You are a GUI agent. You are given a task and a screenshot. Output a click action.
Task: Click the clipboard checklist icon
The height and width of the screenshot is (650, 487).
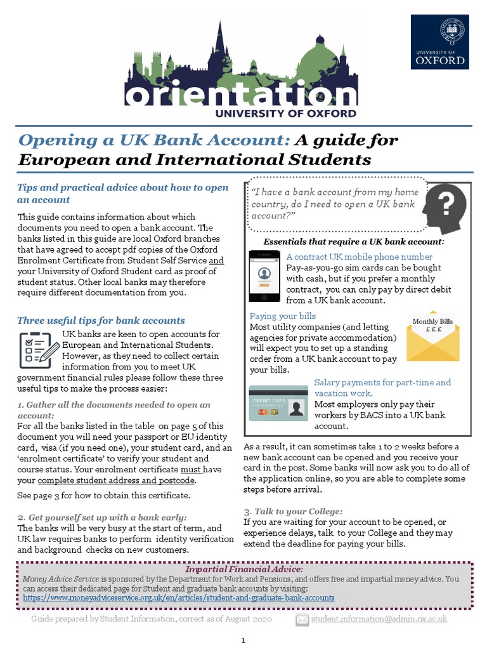pos(36,348)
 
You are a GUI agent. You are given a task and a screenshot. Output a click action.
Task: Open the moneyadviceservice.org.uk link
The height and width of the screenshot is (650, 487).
pos(179,598)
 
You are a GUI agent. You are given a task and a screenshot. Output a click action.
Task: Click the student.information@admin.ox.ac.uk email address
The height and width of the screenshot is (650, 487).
pos(379,618)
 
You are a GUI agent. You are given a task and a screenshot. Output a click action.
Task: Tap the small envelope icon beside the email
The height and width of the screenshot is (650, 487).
pos(302,619)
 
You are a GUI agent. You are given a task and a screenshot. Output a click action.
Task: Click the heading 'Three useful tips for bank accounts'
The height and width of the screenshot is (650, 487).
pos(101,321)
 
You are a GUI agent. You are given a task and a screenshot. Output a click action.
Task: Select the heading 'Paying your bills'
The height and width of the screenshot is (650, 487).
pos(283,316)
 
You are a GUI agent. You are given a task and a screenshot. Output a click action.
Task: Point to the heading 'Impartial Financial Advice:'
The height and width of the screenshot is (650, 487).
pos(243,569)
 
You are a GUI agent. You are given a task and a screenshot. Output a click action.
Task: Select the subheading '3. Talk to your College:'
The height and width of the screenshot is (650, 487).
pos(293,511)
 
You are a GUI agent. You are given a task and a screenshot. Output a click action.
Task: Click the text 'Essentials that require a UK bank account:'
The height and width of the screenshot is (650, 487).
pos(353,242)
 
